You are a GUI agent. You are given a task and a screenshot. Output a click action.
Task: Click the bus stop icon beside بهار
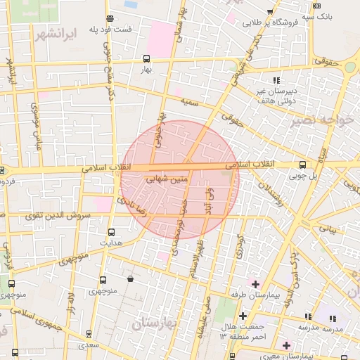point(146,59)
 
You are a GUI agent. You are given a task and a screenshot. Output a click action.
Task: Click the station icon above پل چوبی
point(302,165)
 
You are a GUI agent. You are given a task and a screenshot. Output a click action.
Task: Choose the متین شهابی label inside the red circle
point(167,180)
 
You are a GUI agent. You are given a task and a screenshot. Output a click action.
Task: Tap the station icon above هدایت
point(111,231)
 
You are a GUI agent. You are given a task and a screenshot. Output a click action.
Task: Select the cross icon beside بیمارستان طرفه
point(255,284)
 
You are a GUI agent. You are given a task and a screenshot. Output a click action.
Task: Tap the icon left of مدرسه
point(307,317)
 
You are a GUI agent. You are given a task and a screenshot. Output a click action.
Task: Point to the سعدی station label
point(89,346)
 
